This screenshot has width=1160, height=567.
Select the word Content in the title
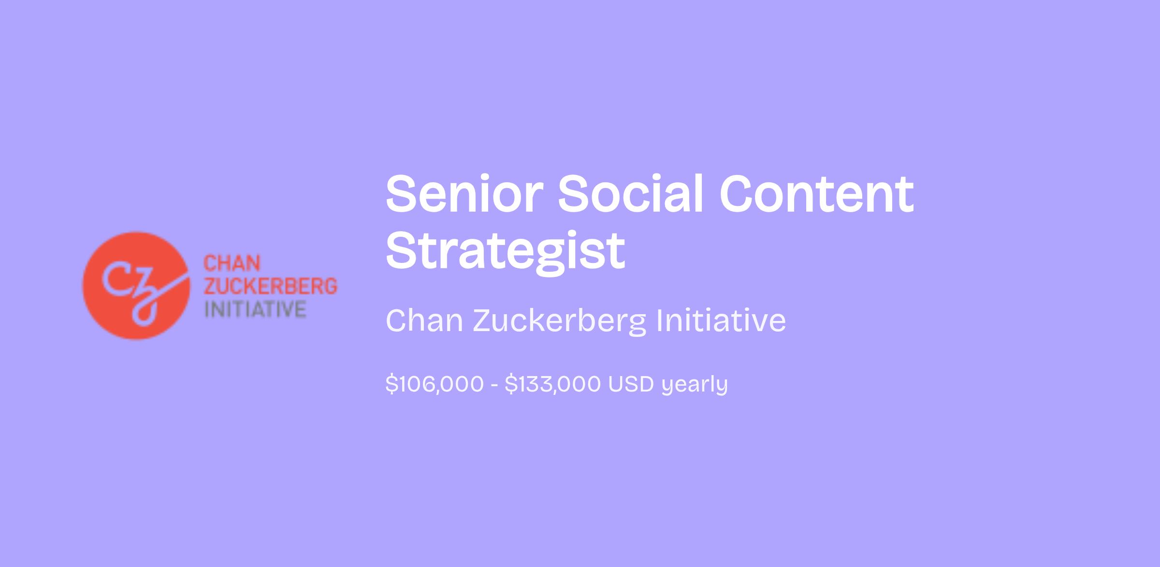[x=817, y=194]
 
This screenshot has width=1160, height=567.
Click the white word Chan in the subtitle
[x=425, y=320]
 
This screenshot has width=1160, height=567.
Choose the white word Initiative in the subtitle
[x=721, y=320]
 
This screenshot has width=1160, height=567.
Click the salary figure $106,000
[x=435, y=384]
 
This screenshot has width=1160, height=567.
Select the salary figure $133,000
[x=552, y=384]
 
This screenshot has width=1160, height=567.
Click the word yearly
[x=695, y=386]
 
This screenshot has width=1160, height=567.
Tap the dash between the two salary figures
[x=494, y=385]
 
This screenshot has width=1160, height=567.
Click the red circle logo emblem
[x=136, y=286]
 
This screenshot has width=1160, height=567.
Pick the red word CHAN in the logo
[x=232, y=264]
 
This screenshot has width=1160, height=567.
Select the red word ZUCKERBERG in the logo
[x=270, y=286]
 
